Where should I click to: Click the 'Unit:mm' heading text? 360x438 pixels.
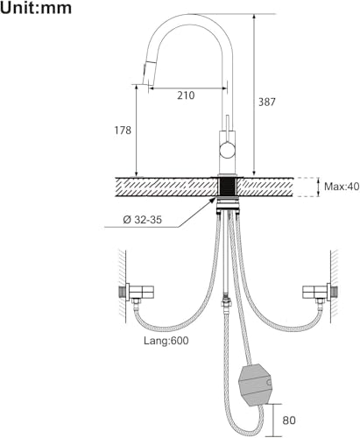36,8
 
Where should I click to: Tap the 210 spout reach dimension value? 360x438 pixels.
186,95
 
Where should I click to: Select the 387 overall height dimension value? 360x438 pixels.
267,102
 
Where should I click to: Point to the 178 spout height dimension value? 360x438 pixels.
123,131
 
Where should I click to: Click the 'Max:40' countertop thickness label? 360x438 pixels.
342,187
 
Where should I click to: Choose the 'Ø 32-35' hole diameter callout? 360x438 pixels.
143,220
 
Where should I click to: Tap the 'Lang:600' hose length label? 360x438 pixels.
166,341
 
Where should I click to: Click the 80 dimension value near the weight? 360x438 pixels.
289,420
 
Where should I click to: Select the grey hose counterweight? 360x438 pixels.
256,385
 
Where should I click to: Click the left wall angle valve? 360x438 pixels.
137,293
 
